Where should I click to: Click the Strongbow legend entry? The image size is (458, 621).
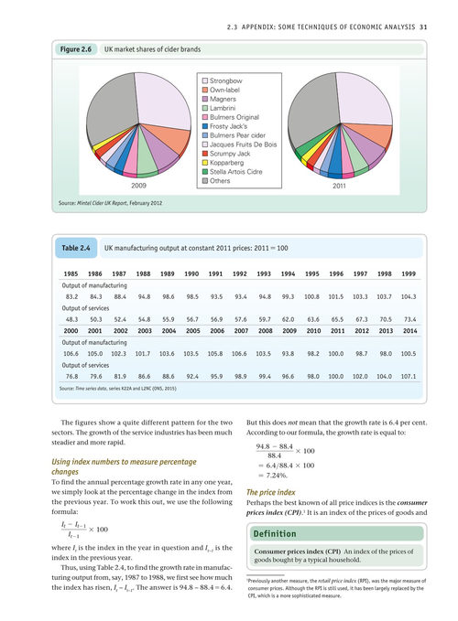[222, 80]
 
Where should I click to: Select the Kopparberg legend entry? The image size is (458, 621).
[223, 163]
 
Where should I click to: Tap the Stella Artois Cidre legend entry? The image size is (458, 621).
[233, 172]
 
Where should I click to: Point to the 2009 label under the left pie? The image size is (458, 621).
[138, 186]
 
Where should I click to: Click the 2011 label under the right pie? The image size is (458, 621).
[339, 186]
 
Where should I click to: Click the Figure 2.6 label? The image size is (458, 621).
[76, 49]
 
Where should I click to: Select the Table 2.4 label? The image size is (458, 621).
[76, 248]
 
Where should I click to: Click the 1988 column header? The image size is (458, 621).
[143, 273]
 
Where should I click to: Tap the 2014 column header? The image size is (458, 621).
[409, 331]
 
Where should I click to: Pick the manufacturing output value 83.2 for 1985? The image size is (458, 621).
[71, 296]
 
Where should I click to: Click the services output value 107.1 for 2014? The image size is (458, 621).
[409, 376]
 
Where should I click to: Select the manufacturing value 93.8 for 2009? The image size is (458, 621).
[288, 354]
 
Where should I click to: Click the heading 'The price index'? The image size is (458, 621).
[271, 492]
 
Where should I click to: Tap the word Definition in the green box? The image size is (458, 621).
[275, 534]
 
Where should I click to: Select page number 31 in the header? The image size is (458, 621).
[423, 27]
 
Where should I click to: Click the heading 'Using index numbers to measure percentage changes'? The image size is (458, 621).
[124, 466]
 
